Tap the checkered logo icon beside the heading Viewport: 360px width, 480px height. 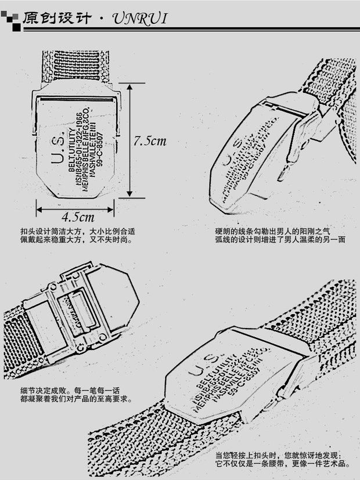[11, 19]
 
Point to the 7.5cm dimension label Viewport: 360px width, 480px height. [149, 140]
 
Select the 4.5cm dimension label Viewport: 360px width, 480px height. [78, 217]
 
